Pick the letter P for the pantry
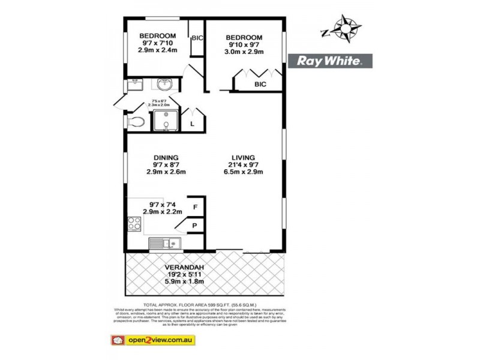(195, 227)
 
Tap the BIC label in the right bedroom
(260, 85)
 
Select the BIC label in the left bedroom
(197, 38)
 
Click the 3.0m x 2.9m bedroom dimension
(244, 52)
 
